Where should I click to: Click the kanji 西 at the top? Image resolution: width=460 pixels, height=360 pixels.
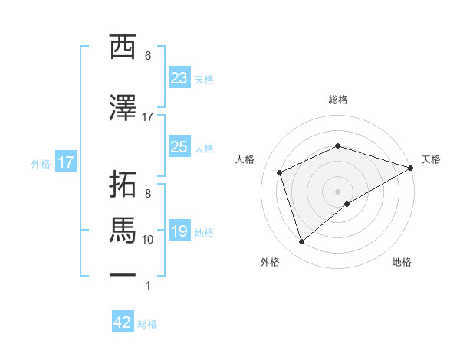coord(123,47)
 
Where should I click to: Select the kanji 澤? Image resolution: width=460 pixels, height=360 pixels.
coord(123,108)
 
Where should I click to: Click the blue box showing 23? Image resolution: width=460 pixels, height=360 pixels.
coord(179,78)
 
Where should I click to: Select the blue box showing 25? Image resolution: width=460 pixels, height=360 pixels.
coord(179,148)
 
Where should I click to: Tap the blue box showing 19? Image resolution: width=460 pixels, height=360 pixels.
coord(179,231)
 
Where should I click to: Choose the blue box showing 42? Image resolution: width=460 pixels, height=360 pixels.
coord(123,322)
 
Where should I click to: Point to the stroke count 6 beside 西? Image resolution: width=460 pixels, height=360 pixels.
coord(148,56)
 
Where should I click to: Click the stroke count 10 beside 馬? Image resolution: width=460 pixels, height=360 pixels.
coord(148,240)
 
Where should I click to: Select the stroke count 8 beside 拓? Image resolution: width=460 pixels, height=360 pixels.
coord(148,194)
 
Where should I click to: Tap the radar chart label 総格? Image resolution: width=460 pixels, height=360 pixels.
coord(337,100)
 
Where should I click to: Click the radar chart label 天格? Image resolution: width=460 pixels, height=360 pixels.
coord(431,159)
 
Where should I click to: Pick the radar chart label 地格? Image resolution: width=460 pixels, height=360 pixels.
coord(402,262)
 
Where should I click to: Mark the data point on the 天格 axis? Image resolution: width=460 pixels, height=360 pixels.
coord(411,167)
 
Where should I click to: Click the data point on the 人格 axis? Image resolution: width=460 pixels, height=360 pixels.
coord(280,172)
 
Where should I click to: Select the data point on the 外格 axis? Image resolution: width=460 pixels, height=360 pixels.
coord(301,242)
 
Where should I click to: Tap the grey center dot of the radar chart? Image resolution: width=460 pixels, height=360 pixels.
coord(337,191)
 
